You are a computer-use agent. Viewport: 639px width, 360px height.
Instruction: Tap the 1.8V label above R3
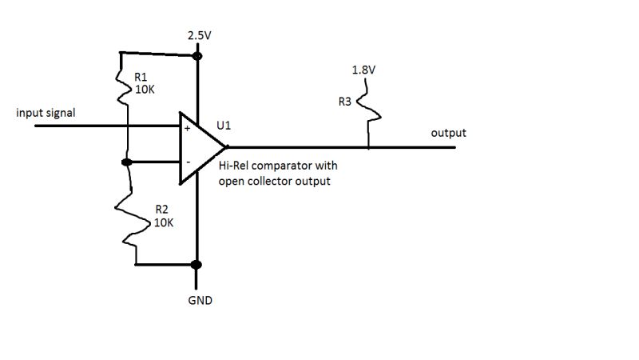(x=363, y=70)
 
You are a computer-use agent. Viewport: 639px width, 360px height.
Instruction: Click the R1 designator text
(x=141, y=78)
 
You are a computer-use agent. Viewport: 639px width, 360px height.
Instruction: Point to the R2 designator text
(x=161, y=212)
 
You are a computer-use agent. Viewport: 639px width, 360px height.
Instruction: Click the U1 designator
(x=224, y=126)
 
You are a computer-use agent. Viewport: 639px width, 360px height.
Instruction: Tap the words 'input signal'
(x=46, y=114)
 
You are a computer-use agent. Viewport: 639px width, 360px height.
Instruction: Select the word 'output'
(x=448, y=133)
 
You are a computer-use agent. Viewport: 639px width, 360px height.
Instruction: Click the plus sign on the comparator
(x=188, y=127)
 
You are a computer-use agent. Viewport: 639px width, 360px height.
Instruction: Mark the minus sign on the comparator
(x=187, y=162)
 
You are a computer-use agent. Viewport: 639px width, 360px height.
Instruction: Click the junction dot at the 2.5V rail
(x=197, y=56)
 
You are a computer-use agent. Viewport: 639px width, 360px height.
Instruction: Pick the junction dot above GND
(x=197, y=265)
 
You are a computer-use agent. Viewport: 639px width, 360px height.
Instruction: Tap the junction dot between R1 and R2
(x=126, y=162)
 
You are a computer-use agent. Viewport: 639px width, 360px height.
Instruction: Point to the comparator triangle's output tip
(x=228, y=147)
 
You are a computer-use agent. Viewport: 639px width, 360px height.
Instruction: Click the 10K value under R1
(x=145, y=90)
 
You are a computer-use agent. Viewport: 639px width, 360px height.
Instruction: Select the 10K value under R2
(x=165, y=224)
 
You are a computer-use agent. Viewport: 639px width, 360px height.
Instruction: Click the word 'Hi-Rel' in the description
(x=233, y=166)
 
